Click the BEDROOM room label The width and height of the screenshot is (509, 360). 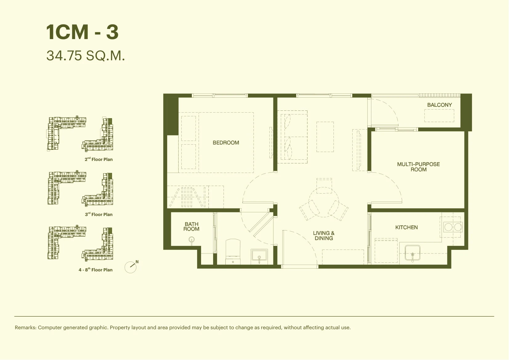point(226,143)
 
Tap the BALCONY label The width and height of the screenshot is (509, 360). point(439,105)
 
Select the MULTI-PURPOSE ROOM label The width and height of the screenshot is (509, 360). point(418,167)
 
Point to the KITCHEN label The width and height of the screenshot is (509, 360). point(406,227)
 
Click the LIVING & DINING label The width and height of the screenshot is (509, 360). point(324,235)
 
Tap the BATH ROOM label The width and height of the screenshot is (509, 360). point(191,227)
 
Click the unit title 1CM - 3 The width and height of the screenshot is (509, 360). point(82,32)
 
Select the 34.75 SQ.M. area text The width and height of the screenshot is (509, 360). point(86,56)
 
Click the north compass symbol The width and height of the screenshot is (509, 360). point(131,267)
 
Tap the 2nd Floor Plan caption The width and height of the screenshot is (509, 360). point(99,159)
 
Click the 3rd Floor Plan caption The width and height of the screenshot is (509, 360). point(99,214)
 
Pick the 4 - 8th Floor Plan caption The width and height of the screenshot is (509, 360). point(95,270)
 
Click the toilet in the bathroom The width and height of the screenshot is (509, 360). point(233,252)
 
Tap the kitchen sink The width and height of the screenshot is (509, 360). point(412,253)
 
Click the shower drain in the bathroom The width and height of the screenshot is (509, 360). point(192,239)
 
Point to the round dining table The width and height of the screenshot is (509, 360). point(324,202)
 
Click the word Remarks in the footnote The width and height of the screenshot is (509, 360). point(26,327)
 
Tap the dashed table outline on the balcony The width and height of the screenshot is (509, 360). point(439,116)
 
